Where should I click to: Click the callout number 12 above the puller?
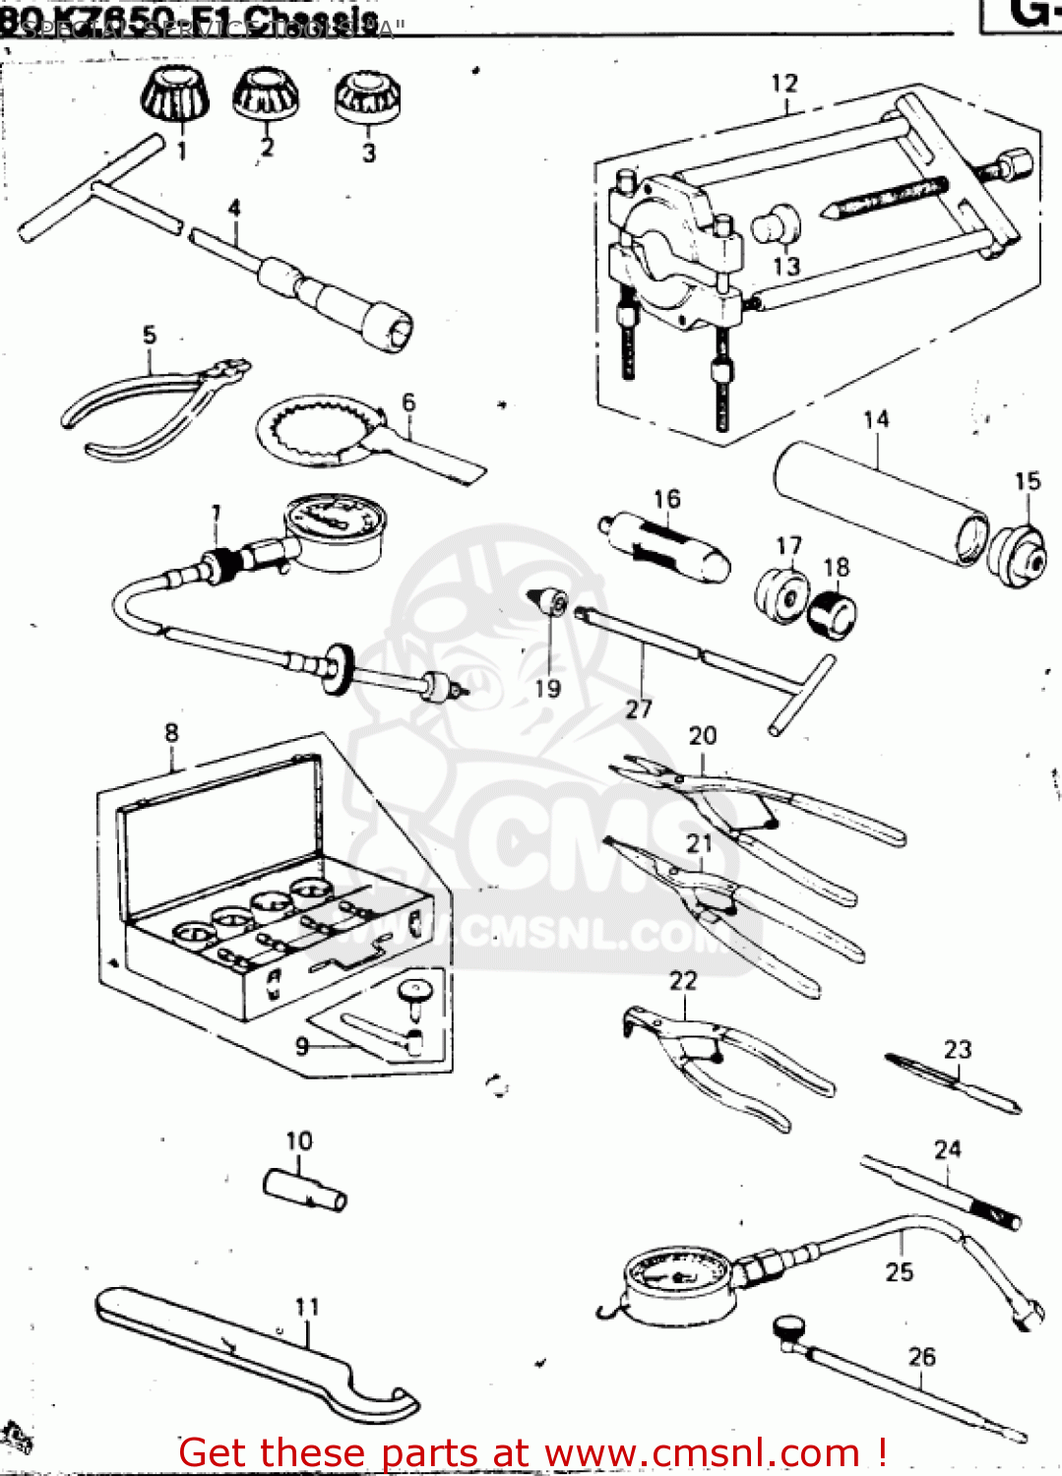coord(783,84)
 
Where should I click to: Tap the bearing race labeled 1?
coord(176,95)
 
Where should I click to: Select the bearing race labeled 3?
coord(367,97)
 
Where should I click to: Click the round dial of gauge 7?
coord(334,531)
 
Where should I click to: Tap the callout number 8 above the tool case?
coord(172,733)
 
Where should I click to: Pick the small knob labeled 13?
coord(776,225)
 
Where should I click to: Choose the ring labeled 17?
coord(782,593)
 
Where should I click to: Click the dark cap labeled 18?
coord(833,614)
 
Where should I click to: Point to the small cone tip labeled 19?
coord(550,601)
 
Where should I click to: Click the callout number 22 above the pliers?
coord(683,981)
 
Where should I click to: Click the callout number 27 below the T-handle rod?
coord(639,708)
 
